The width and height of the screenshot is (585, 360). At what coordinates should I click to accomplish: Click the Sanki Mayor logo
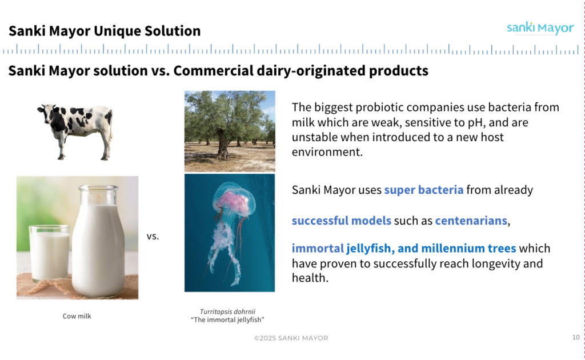pyautogui.click(x=540, y=28)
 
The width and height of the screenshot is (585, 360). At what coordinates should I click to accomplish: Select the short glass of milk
pyautogui.click(x=50, y=253)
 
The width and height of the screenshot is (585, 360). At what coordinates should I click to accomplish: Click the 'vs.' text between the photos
pyautogui.click(x=153, y=236)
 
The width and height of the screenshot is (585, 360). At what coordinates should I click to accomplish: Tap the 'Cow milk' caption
pyautogui.click(x=77, y=316)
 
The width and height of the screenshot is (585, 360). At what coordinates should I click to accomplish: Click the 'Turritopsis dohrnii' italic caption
pyautogui.click(x=227, y=311)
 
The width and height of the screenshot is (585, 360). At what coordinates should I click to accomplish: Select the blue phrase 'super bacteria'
pyautogui.click(x=424, y=190)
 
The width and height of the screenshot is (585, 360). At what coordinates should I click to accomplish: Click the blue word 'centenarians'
pyautogui.click(x=471, y=221)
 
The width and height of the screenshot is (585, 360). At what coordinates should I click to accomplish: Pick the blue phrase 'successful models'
pyautogui.click(x=342, y=221)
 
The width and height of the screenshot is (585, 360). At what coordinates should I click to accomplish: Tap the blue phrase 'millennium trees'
pyautogui.click(x=468, y=248)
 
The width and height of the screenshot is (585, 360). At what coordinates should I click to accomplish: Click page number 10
pyautogui.click(x=576, y=337)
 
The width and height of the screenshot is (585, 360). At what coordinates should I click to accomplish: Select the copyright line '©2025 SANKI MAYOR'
pyautogui.click(x=291, y=338)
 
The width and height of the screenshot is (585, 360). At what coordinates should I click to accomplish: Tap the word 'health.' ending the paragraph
pyautogui.click(x=310, y=278)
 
